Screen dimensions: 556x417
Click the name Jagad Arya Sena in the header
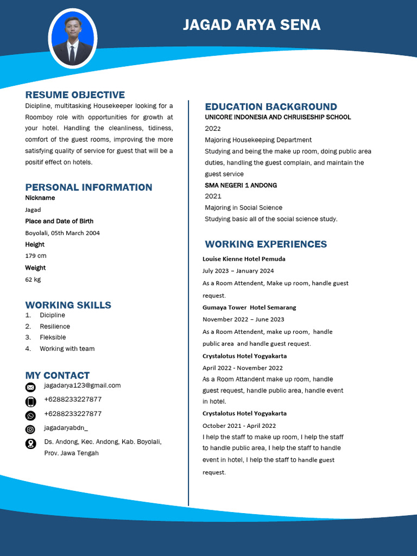click(251, 25)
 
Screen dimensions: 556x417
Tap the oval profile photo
click(73, 39)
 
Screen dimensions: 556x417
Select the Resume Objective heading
click(75, 95)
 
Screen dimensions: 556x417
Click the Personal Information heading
click(89, 187)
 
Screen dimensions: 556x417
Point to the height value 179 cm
click(36, 256)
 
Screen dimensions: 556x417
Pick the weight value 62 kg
click(33, 280)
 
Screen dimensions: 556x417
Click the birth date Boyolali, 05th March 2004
click(62, 233)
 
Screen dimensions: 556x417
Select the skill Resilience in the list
click(55, 326)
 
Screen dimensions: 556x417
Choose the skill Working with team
click(67, 349)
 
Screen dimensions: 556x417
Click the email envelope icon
click(30, 387)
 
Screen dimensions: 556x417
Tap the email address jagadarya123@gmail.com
click(83, 386)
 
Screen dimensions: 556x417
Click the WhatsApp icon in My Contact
click(30, 415)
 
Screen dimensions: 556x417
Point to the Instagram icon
click(30, 429)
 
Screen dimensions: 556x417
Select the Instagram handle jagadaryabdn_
click(66, 428)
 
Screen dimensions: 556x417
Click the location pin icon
click(30, 444)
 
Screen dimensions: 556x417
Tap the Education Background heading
click(271, 107)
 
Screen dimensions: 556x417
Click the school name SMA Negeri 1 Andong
click(241, 185)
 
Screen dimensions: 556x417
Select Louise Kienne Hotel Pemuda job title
click(244, 259)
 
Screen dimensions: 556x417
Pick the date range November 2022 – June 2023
click(243, 319)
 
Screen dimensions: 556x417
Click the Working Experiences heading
click(266, 244)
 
